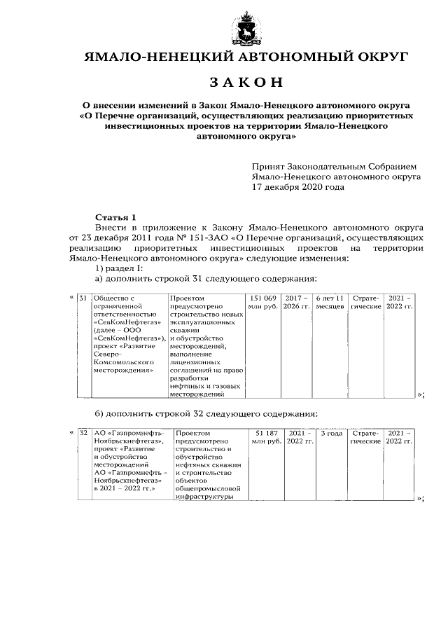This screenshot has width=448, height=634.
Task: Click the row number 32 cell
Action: point(83,434)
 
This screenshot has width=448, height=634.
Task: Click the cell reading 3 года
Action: point(330,434)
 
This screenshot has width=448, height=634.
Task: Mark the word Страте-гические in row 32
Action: point(365,438)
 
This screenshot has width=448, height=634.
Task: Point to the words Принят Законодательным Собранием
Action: point(334,167)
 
